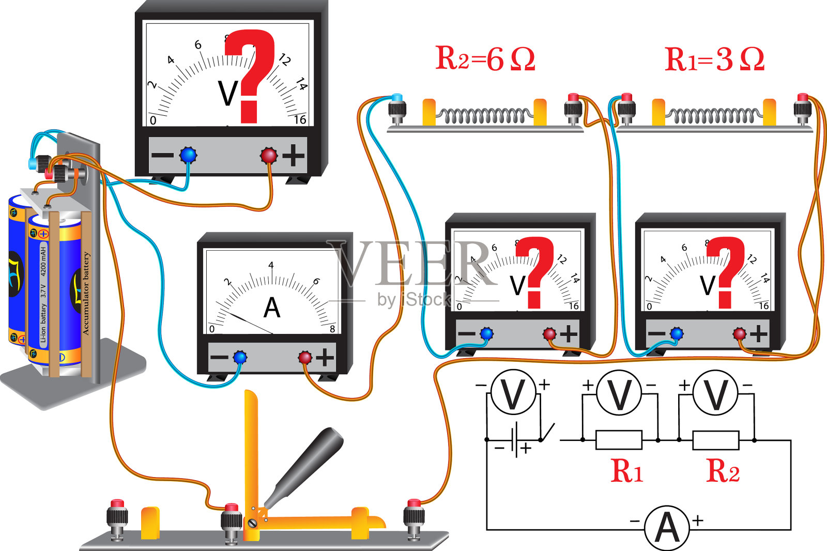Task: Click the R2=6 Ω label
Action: (x=485, y=58)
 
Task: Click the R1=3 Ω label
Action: (x=714, y=59)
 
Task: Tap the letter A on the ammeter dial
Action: (x=272, y=308)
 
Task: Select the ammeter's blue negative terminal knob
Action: (x=239, y=357)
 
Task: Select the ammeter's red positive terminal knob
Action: (x=305, y=357)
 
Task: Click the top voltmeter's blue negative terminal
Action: (x=188, y=155)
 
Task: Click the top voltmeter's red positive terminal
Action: (x=269, y=155)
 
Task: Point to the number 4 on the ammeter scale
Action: (x=271, y=265)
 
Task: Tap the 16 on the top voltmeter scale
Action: (x=300, y=120)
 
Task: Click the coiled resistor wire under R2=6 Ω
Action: (x=484, y=115)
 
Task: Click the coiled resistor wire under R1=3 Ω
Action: (x=714, y=115)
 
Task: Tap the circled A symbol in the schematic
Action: (x=667, y=528)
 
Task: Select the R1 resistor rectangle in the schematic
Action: (x=619, y=440)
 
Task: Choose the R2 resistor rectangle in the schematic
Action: (x=716, y=440)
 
